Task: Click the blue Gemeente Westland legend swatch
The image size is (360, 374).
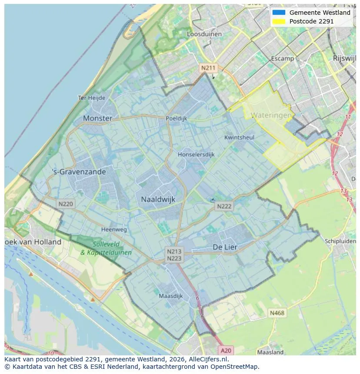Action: coord(279,13)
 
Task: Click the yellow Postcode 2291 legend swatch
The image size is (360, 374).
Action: coord(279,21)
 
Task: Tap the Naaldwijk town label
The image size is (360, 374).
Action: coord(158,199)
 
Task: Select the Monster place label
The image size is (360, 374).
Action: coord(97,118)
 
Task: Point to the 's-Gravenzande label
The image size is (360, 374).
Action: coord(79,172)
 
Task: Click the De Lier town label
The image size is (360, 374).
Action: coord(225,247)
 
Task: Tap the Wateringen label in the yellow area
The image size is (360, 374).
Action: coord(271,116)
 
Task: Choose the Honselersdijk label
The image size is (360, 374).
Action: coord(196,154)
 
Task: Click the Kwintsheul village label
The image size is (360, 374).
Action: coord(239,137)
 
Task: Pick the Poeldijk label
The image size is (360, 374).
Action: coord(176,118)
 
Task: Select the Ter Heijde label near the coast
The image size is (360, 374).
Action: coord(91,98)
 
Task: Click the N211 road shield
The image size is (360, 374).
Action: coord(207,68)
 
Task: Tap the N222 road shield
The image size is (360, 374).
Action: coord(224,207)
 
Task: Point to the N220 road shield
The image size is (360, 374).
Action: coord(66,203)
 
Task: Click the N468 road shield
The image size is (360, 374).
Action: coord(277,313)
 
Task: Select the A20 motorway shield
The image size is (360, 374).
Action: coord(226,350)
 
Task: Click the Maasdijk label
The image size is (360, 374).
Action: coord(170,296)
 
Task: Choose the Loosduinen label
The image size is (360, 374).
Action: coord(204,34)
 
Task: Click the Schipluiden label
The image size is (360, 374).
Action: coord(340,241)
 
